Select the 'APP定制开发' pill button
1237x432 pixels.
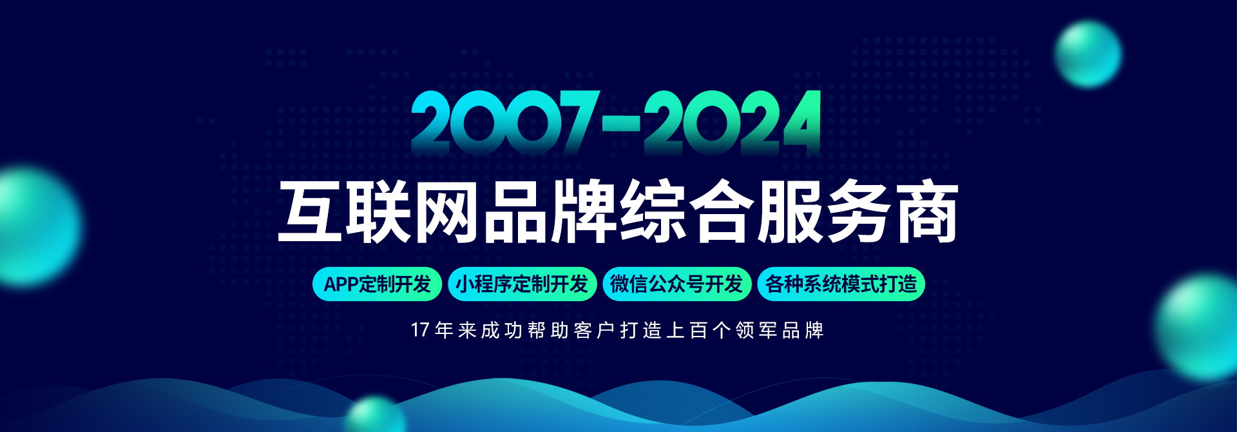coord(377,284)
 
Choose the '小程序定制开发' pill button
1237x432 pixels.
coord(522,284)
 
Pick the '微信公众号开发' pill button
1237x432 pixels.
coord(676,284)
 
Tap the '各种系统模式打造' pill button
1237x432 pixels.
coord(841,284)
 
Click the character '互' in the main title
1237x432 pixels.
coord(309,212)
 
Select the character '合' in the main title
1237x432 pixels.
coord(722,212)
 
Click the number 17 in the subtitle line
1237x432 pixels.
coord(420,330)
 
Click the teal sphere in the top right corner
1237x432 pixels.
coord(1088,54)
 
